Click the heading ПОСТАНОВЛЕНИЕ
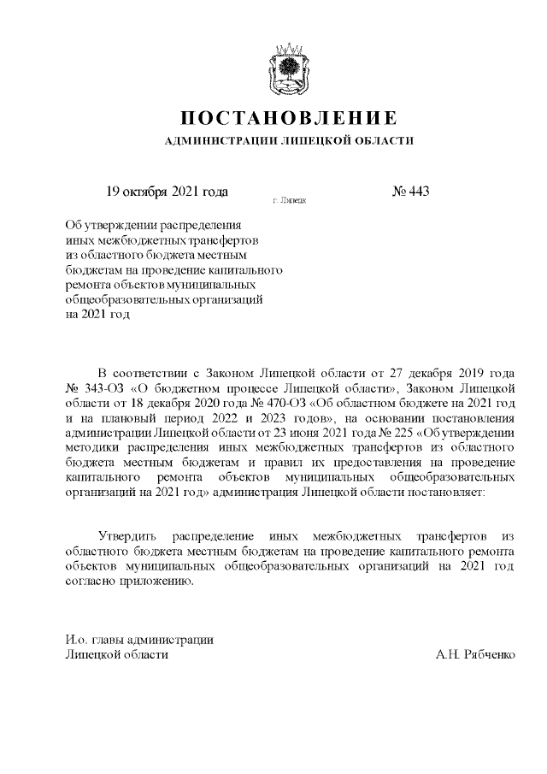point(290,117)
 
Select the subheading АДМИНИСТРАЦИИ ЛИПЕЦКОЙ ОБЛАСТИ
point(290,140)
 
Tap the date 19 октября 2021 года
point(167,190)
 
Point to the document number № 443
point(410,190)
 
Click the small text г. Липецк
point(290,200)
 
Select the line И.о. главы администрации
point(139,640)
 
